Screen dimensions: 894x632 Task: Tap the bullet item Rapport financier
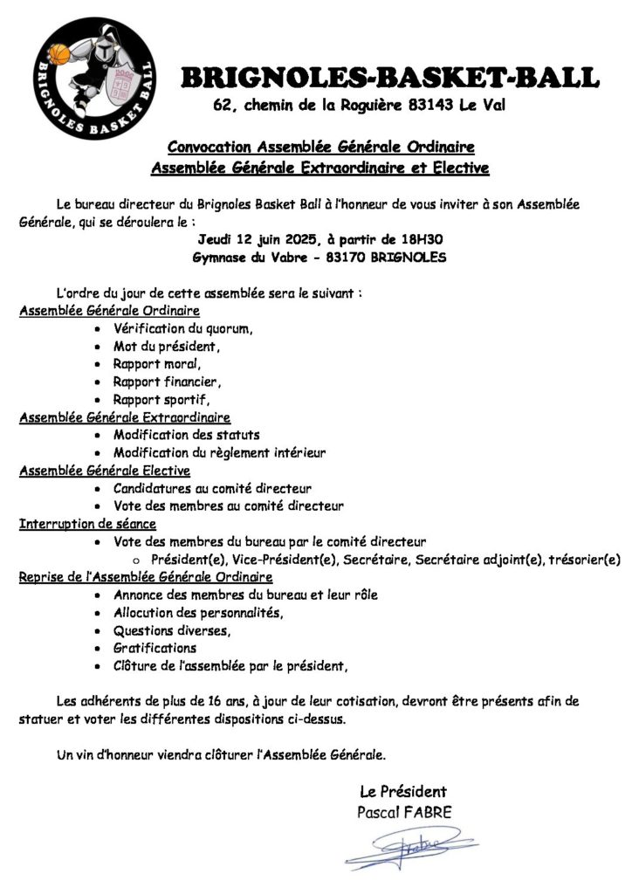pos(167,382)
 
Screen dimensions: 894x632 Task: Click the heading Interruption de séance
pos(88,524)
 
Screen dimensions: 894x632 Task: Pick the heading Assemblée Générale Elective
pos(105,471)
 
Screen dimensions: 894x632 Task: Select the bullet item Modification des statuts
pos(187,435)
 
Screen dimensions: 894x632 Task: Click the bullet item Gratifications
pos(155,648)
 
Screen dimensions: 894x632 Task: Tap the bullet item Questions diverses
pos(172,630)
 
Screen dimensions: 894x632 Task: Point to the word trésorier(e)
pos(584,560)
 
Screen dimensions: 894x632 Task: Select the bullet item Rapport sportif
pos(161,400)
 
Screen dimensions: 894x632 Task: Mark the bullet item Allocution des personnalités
pos(198,613)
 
